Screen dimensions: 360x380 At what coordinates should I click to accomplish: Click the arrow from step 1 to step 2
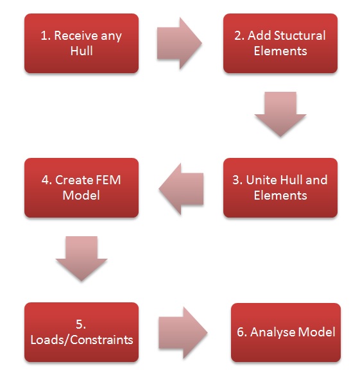pos(179,43)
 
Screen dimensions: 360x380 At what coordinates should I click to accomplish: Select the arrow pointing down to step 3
pos(280,114)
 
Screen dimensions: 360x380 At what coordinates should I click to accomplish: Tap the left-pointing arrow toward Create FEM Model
pos(181,189)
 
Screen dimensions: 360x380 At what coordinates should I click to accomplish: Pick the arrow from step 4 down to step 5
pos(81,259)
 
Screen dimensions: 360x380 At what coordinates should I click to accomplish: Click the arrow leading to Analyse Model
pos(183,332)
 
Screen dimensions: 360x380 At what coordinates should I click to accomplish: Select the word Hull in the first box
pos(81,51)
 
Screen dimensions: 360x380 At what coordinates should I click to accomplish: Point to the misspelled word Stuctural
pos(300,36)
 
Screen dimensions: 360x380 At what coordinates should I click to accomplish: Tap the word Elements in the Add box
pos(280,51)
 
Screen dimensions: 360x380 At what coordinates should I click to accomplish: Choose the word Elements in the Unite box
pos(280,196)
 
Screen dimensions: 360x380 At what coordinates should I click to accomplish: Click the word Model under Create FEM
pos(81,196)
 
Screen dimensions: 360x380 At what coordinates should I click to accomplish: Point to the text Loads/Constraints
pos(81,340)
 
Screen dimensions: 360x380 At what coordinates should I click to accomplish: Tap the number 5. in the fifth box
pos(81,325)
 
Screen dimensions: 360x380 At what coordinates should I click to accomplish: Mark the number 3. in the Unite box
pos(237,180)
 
